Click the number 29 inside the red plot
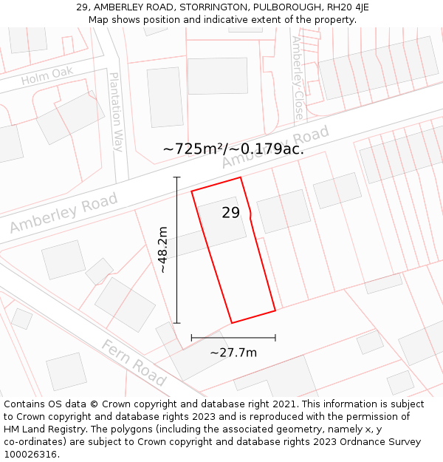[x=230, y=213]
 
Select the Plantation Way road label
[x=116, y=112]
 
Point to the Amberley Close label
[x=298, y=78]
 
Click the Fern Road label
[x=134, y=362]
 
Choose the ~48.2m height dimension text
[x=163, y=250]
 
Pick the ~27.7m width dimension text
[x=233, y=353]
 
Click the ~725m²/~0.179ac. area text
[x=233, y=149]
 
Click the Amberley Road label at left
[x=63, y=214]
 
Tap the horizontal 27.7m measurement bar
[x=233, y=338]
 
